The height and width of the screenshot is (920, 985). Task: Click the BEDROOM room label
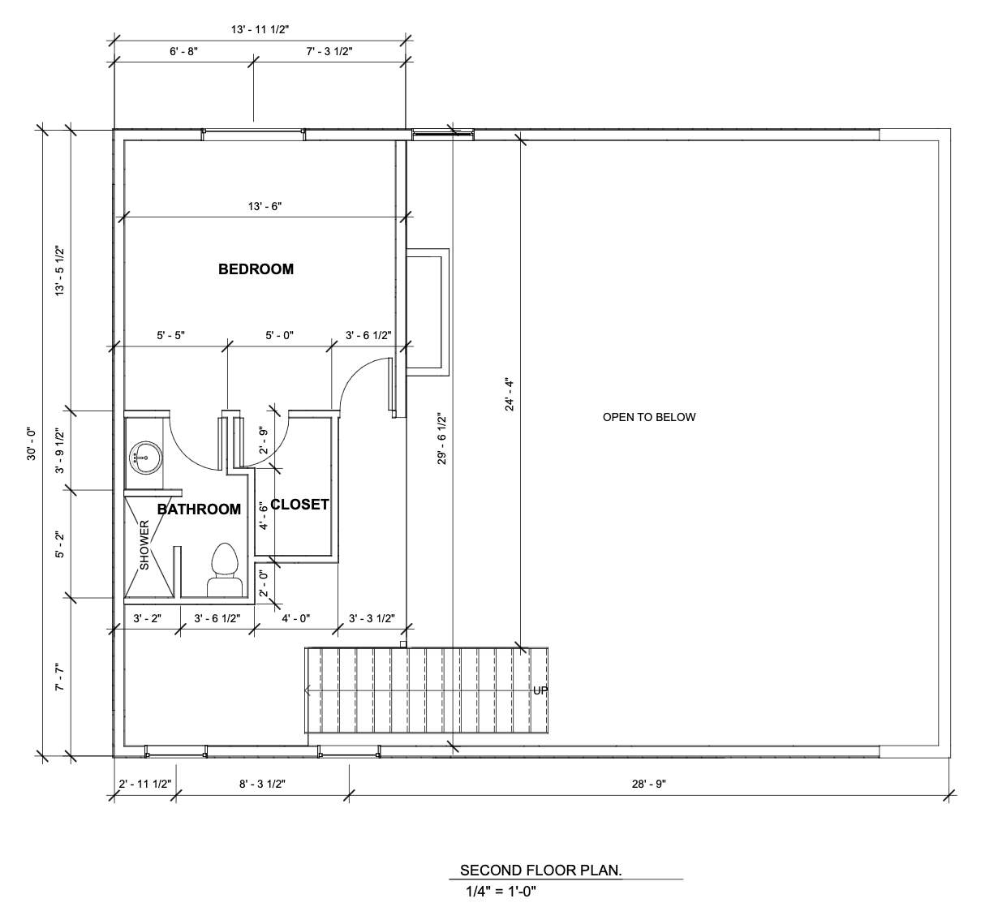click(x=256, y=269)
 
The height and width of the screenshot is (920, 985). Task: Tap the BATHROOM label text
click(x=199, y=509)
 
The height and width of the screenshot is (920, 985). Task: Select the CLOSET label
click(x=299, y=505)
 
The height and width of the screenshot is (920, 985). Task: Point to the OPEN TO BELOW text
click(x=649, y=417)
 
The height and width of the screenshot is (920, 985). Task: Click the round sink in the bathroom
click(x=146, y=458)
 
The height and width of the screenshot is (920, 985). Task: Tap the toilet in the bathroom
click(x=225, y=570)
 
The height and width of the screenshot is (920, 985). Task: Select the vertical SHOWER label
click(x=144, y=545)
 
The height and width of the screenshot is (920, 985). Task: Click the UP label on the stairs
click(x=540, y=690)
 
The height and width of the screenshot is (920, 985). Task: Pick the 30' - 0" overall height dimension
click(x=32, y=444)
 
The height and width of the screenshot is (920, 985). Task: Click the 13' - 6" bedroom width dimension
click(x=265, y=206)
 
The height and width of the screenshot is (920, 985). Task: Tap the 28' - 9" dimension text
click(x=649, y=784)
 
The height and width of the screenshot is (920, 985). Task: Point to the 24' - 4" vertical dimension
click(x=510, y=395)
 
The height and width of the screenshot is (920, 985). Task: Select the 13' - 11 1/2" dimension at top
click(x=260, y=29)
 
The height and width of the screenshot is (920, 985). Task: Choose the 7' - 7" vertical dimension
click(x=60, y=677)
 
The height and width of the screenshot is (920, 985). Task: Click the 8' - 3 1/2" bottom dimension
click(x=262, y=784)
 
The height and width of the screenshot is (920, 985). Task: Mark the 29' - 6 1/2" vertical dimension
click(x=442, y=439)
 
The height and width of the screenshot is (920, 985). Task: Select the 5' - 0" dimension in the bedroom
click(x=279, y=335)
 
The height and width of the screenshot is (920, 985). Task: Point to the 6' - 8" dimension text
click(x=183, y=51)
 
